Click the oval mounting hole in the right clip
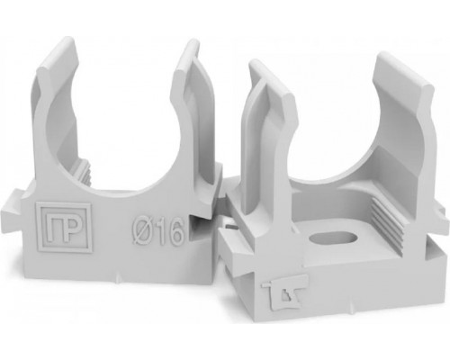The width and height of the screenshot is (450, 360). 333,240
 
